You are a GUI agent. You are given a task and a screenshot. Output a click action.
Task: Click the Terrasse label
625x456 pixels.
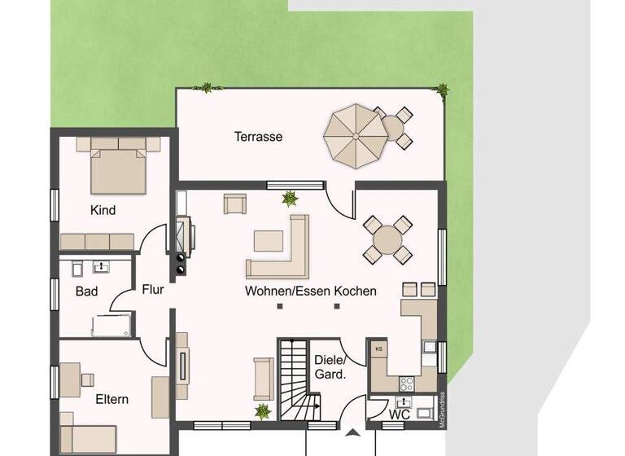pyautogui.click(x=258, y=137)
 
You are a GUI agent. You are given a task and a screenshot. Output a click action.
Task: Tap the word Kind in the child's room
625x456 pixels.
pyautogui.click(x=103, y=210)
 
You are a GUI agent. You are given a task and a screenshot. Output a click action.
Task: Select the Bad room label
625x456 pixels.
pyautogui.click(x=87, y=291)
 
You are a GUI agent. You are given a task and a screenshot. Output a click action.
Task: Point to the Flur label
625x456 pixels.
pyautogui.click(x=154, y=289)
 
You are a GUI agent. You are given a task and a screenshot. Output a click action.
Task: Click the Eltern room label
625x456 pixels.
pyautogui.click(x=111, y=399)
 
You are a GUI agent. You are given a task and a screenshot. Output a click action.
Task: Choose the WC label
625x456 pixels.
pyautogui.click(x=400, y=414)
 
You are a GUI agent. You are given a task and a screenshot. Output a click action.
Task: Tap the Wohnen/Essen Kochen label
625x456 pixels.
pyautogui.click(x=310, y=291)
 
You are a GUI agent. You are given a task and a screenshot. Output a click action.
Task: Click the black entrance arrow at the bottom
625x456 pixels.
pyautogui.click(x=352, y=432)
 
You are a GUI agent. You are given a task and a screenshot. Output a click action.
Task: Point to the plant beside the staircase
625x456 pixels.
pyautogui.click(x=262, y=411)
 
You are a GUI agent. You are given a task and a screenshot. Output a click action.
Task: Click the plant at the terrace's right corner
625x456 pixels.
pyautogui.click(x=442, y=89)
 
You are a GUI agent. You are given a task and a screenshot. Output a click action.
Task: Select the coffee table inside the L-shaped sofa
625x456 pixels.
pyautogui.click(x=268, y=240)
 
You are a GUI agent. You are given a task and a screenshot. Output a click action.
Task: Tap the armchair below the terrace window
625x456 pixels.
pyautogui.click(x=235, y=204)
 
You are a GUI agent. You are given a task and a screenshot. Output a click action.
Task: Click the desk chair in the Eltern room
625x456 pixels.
pyautogui.click(x=86, y=379)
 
